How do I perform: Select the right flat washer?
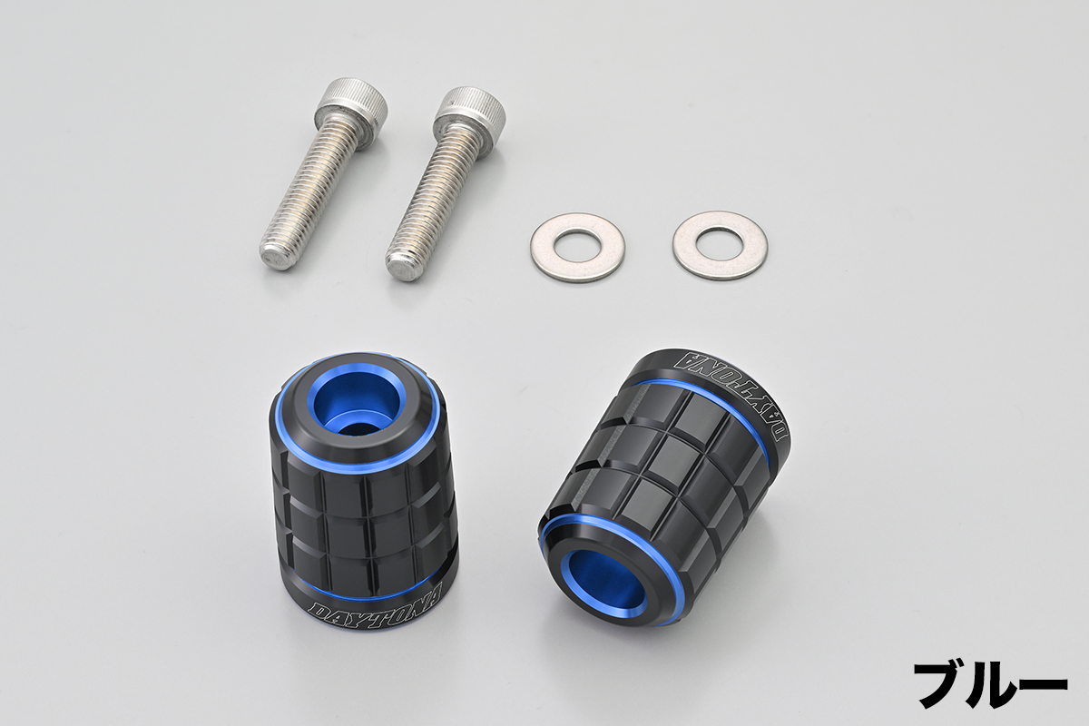[x=721, y=246]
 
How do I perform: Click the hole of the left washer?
[x=577, y=243]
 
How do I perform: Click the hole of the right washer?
[x=721, y=245]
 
